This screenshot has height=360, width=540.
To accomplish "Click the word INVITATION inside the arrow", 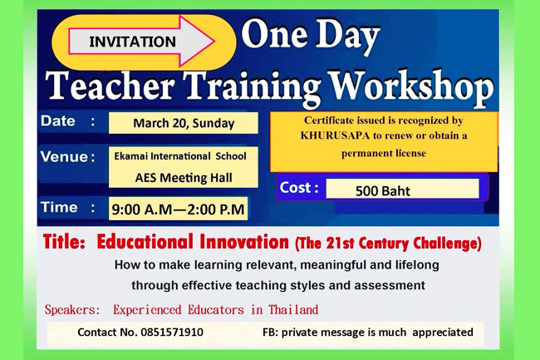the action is [x=133, y=42].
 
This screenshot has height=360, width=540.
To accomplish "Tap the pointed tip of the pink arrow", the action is [x=215, y=41].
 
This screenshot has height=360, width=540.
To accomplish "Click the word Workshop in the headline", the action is [x=411, y=87].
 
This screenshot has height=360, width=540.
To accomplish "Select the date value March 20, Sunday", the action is [x=184, y=123].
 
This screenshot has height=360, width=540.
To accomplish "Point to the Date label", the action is [x=58, y=121].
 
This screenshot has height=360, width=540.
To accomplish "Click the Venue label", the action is [x=65, y=157].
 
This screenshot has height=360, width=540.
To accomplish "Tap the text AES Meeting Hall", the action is [x=184, y=178].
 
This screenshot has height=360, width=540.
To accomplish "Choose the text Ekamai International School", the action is [x=180, y=156].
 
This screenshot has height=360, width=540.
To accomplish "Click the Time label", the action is [x=59, y=207].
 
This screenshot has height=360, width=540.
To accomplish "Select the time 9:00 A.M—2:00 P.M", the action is [x=178, y=210].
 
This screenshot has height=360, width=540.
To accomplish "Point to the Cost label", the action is [x=296, y=187].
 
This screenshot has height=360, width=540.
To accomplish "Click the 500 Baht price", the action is [x=383, y=191].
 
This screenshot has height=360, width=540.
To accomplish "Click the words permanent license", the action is [x=384, y=153].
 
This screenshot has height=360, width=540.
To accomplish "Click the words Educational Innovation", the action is [x=193, y=241].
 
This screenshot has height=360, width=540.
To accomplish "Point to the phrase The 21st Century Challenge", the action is [x=388, y=244].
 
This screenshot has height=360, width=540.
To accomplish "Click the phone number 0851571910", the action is [x=172, y=332].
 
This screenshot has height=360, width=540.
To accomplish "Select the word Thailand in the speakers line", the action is [x=293, y=310].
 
